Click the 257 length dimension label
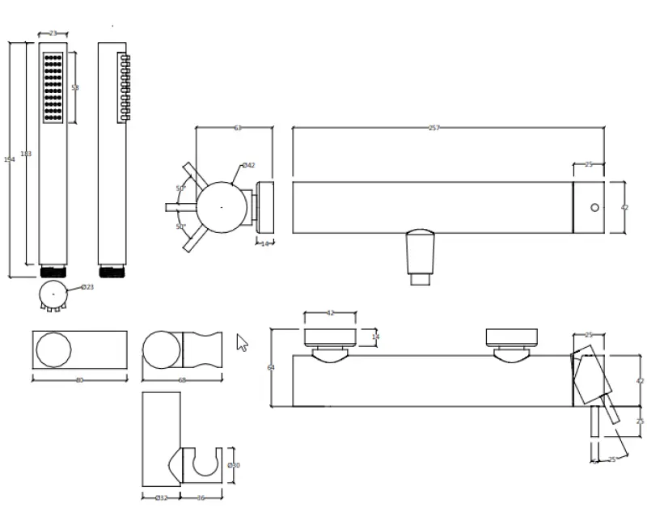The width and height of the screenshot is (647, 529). [x=434, y=128]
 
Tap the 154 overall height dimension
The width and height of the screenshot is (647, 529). [x=10, y=159]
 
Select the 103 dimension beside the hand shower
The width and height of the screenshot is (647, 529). [x=26, y=154]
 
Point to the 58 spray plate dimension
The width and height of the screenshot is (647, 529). [x=75, y=87]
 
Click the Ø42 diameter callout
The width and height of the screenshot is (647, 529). [x=248, y=166]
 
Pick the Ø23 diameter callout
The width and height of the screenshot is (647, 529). [x=87, y=287]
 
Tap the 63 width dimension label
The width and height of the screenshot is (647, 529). [x=238, y=128]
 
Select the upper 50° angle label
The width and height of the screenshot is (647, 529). [x=180, y=188]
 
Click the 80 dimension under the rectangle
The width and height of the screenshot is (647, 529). [x=79, y=379]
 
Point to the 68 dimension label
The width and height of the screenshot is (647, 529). [x=182, y=379]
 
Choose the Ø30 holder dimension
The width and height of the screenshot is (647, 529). [x=234, y=465]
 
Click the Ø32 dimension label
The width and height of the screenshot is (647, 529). [x=161, y=497]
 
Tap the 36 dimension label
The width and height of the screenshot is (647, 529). [x=201, y=497]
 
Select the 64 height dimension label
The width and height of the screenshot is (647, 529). [x=271, y=367]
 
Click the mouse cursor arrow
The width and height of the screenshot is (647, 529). [x=242, y=342]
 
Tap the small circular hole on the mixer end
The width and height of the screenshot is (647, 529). [x=595, y=208]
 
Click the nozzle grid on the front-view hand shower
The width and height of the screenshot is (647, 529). [x=53, y=87]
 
